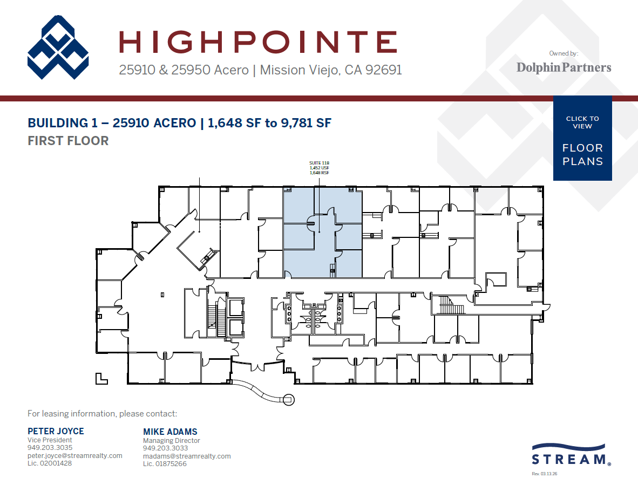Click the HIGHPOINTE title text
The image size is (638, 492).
click(x=257, y=42)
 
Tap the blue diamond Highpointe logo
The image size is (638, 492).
click(x=58, y=47)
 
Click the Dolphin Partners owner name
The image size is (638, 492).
click(x=564, y=67)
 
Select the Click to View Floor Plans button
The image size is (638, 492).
click(x=582, y=138)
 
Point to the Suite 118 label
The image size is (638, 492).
click(x=318, y=163)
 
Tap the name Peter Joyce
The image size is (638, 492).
click(x=56, y=431)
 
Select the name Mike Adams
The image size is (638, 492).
click(x=170, y=432)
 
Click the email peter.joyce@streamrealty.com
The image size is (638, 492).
click(x=75, y=456)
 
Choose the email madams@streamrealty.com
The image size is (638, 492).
click(x=187, y=456)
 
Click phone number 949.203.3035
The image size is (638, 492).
click(x=50, y=448)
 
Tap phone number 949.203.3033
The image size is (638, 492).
click(x=165, y=448)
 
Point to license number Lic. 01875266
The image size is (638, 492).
click(x=165, y=464)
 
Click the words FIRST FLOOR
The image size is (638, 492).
click(x=68, y=141)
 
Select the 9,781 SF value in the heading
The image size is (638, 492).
click(x=304, y=123)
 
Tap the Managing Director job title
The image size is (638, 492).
click(x=171, y=440)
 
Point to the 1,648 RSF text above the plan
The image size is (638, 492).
click(x=318, y=173)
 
